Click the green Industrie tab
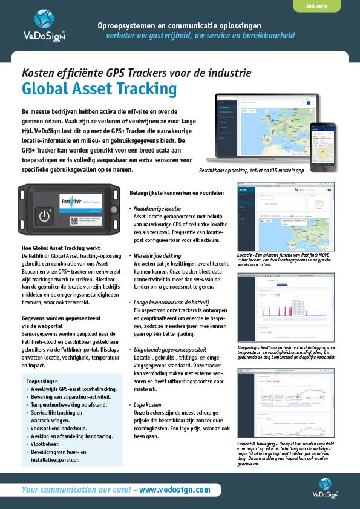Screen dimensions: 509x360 317,6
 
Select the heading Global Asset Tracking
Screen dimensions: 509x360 99,89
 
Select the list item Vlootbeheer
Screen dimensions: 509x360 49,444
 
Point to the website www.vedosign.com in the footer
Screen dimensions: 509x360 175,490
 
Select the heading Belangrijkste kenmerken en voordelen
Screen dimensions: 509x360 177,192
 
